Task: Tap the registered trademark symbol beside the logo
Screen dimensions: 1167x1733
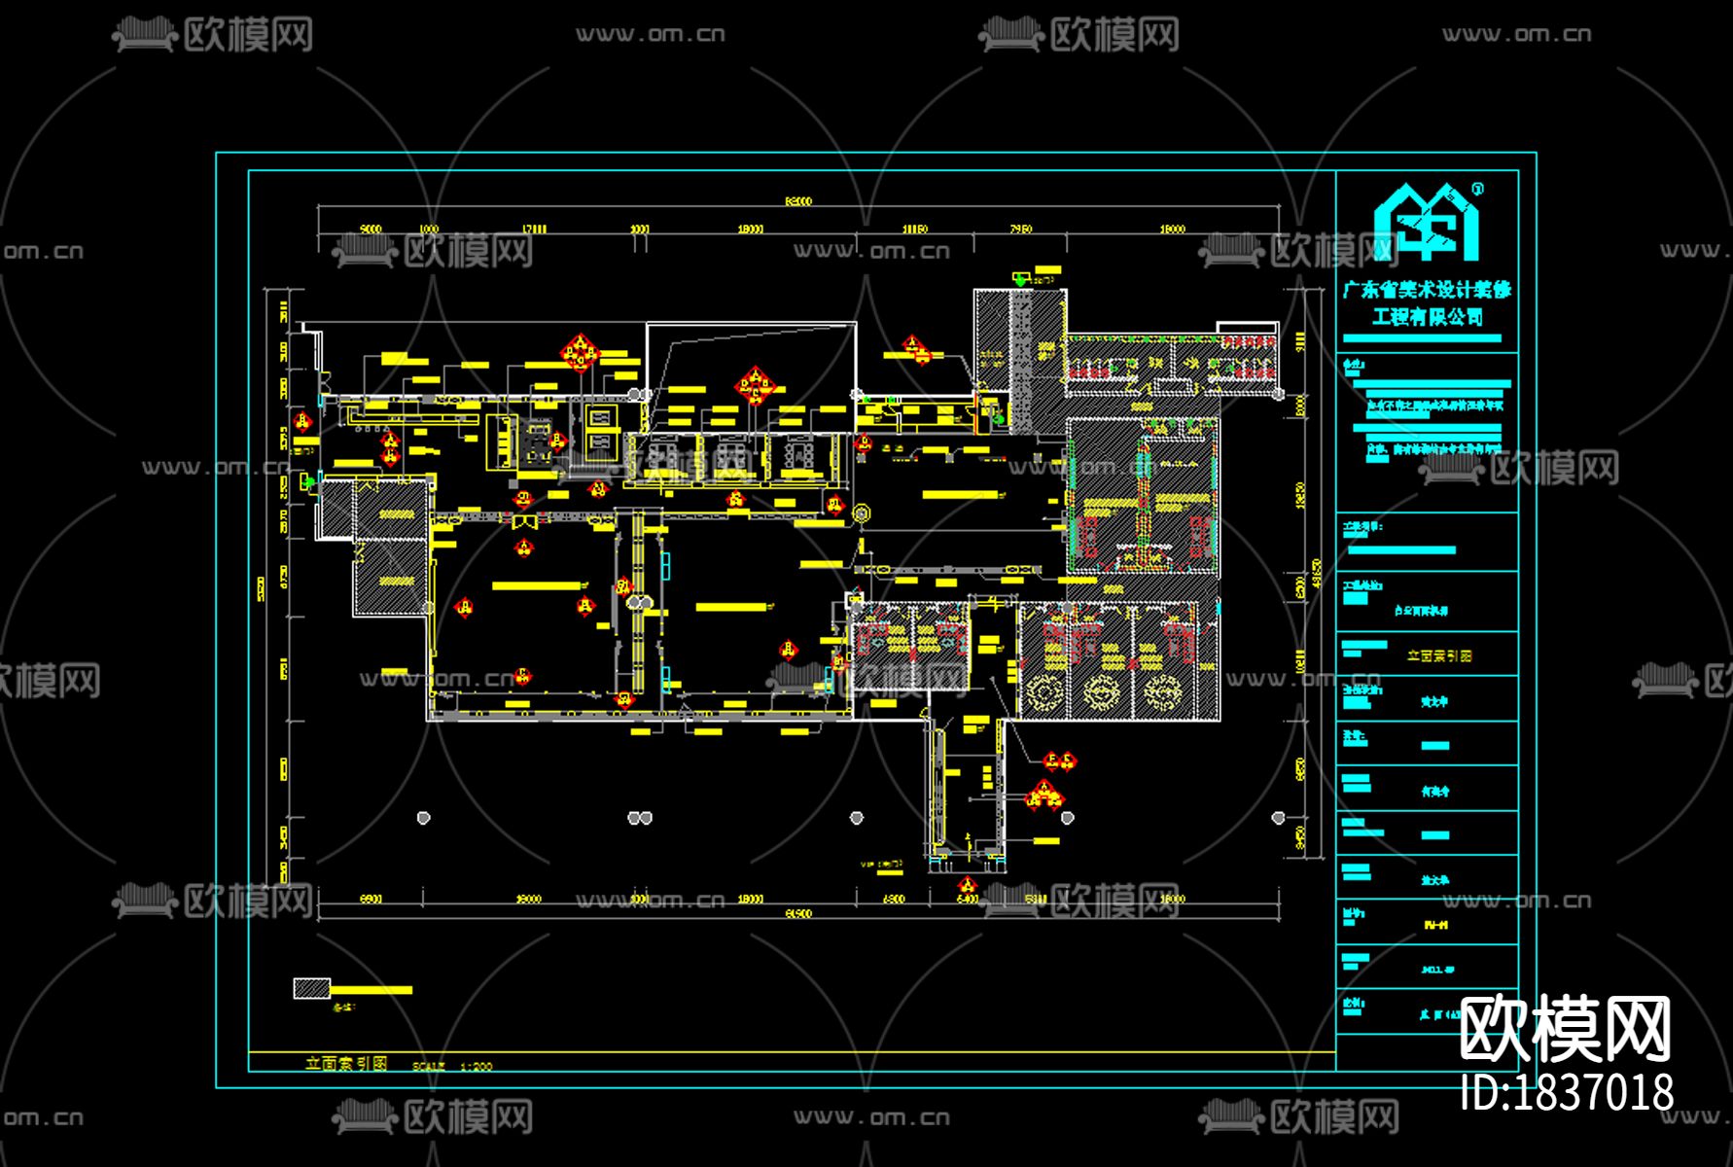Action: point(1478,189)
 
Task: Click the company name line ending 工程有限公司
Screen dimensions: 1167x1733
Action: point(1427,317)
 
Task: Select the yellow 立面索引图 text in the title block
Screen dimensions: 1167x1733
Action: point(1439,656)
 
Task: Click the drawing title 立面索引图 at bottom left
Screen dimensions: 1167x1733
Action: point(345,1063)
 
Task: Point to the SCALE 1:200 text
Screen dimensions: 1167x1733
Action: point(453,1066)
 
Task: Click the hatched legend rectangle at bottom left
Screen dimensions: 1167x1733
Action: point(311,988)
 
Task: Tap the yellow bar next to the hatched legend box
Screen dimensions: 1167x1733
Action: point(371,990)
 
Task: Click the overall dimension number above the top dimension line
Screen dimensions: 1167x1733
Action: point(798,201)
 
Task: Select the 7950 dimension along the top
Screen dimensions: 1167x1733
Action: point(1020,230)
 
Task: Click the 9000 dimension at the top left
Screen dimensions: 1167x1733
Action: point(371,230)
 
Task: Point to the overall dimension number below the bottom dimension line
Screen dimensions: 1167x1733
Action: point(798,913)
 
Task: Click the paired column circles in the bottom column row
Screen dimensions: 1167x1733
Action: point(639,818)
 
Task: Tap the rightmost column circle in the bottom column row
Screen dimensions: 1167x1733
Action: point(1278,818)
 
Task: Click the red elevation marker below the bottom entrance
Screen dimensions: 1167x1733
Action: point(967,885)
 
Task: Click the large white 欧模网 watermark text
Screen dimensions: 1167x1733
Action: point(1565,1029)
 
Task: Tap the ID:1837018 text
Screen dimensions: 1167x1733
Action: point(1567,1092)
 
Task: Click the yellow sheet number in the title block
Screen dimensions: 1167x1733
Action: point(1434,925)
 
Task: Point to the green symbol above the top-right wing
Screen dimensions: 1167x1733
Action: point(1019,279)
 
